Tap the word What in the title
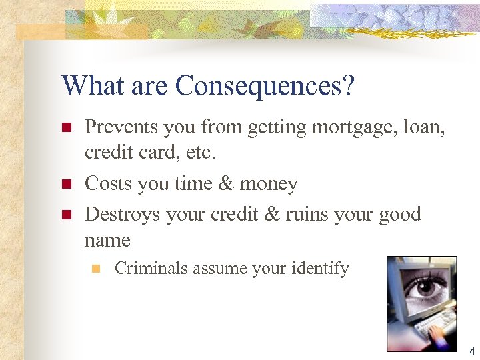tap(91, 85)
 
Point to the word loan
tap(424, 127)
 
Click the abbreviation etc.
tap(201, 153)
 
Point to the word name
tap(107, 240)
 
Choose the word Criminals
tap(151, 269)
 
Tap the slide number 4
tap(471, 351)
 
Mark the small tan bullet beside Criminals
tap(95, 269)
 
